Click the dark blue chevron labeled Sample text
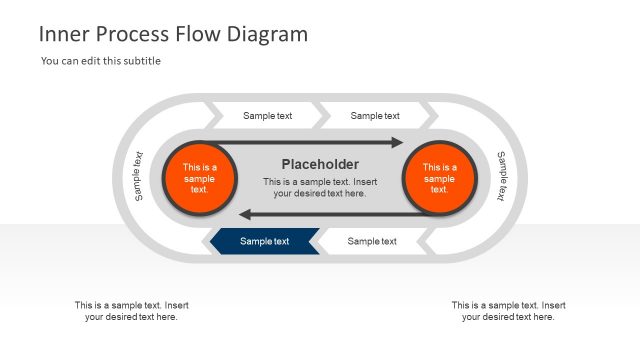pos(264,241)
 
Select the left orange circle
pos(199,178)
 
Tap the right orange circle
pos(439,178)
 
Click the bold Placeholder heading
pos(320,164)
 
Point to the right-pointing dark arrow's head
pos(397,142)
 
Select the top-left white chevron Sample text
pos(267,116)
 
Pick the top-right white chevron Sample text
pos(375,116)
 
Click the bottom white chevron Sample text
pos(372,241)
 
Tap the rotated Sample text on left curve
pos(139,177)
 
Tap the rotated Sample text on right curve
pos(502,177)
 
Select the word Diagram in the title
pos(268,34)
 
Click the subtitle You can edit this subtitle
pos(101,61)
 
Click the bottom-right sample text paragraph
pos(508,311)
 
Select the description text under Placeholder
pos(320,187)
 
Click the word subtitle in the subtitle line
pos(141,61)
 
